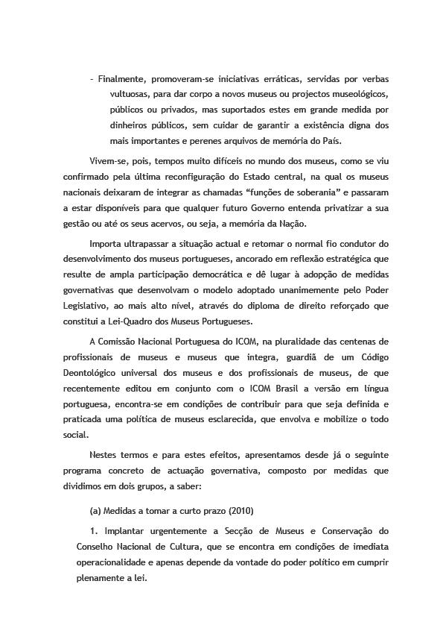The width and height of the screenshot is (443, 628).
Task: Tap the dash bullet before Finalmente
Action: (x=91, y=79)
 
